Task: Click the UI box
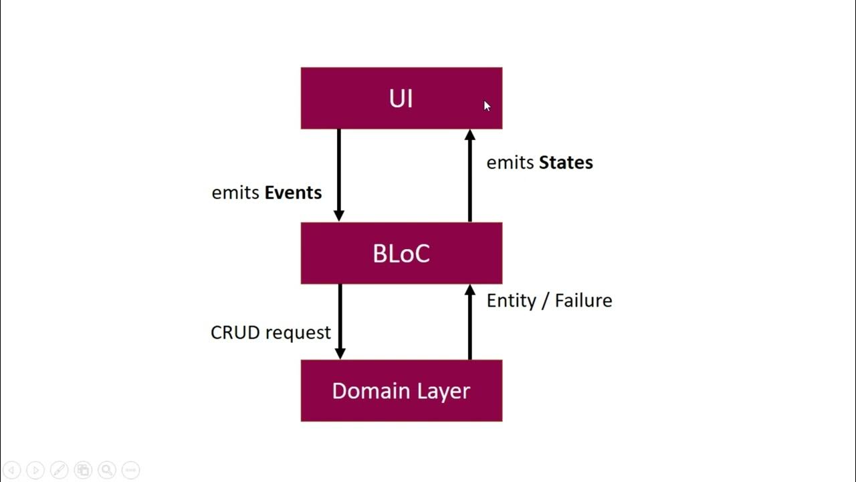401,98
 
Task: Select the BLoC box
401,253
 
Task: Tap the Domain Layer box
401,390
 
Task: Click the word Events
293,193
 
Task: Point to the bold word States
566,163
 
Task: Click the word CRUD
235,333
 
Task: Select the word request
298,333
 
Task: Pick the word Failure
583,301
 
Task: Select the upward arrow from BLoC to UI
469,175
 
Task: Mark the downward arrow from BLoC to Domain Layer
340,321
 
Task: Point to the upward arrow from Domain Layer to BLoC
469,321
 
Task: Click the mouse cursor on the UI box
488,106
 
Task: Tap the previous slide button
13,470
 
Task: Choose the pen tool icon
59,470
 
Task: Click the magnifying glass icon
106,470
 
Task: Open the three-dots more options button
130,470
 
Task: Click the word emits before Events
235,193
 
